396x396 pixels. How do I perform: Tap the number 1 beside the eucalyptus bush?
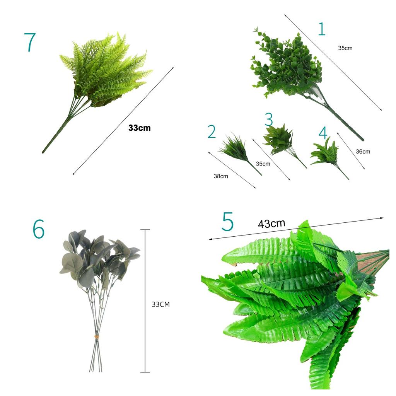coord(322,29)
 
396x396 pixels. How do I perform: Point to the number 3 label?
coord(269,119)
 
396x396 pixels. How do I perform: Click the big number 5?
coord(227,222)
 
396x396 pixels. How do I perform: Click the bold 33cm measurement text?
coord(140,128)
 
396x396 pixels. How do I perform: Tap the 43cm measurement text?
coord(271,223)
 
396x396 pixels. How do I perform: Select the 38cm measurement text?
coord(221,176)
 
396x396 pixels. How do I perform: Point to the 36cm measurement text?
coord(363,152)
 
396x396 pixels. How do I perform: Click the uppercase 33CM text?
coord(160,304)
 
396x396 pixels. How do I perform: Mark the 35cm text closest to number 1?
coord(345,48)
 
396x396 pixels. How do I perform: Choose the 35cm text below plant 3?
coord(263,164)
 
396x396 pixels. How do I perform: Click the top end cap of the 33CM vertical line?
coord(145,230)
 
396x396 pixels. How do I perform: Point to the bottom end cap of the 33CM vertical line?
coord(145,372)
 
